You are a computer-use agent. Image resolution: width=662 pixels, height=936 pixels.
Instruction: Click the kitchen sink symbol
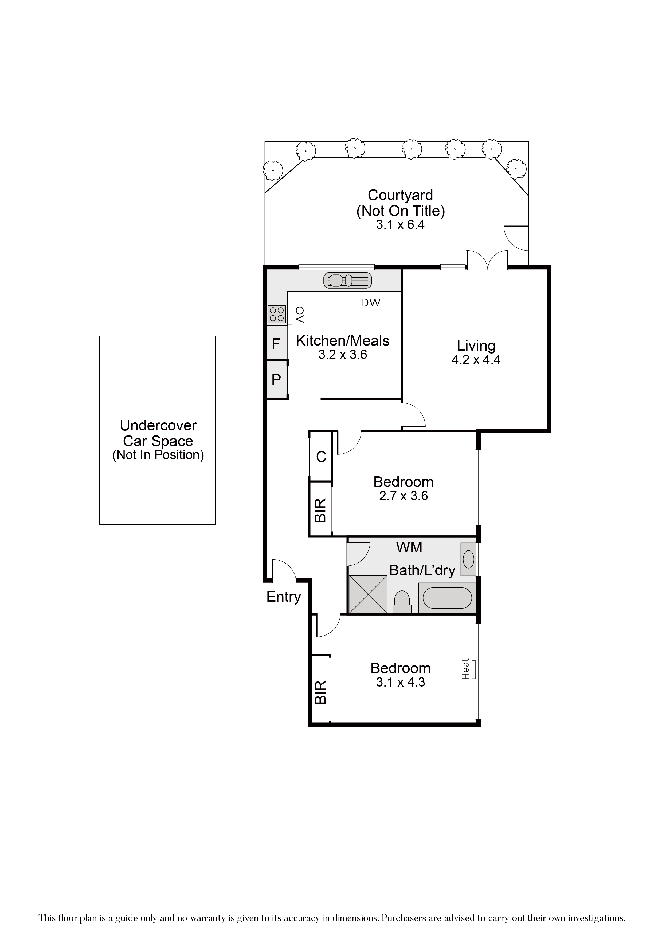(347, 280)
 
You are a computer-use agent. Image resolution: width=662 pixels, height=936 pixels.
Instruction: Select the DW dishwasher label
(371, 303)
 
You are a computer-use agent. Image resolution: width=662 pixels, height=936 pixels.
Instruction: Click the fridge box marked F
(276, 344)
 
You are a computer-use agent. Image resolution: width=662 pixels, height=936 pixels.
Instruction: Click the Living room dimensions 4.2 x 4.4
(476, 360)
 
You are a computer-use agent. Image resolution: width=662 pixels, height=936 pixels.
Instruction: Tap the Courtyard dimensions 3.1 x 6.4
(400, 225)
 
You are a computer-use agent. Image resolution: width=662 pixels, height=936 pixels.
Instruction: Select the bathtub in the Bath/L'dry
(447, 598)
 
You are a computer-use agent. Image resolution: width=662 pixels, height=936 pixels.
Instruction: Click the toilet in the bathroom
(402, 602)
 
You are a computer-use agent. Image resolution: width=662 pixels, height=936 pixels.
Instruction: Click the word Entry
(284, 597)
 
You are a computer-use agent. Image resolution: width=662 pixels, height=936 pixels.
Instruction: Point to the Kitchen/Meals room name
(343, 341)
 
